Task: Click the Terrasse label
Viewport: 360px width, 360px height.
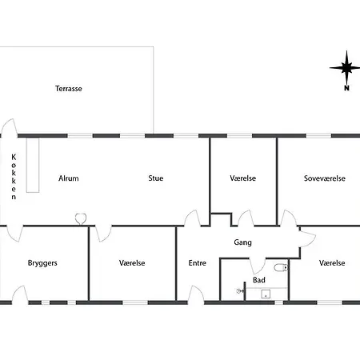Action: [x=69, y=89]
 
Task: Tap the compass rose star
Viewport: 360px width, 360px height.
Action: [x=346, y=68]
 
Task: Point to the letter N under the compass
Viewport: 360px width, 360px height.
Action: [x=346, y=88]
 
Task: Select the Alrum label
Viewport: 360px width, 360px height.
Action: [x=69, y=178]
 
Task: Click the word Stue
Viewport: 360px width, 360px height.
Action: [x=156, y=178]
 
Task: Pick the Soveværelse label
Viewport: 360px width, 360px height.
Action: [x=325, y=178]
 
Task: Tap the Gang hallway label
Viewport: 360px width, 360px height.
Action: [x=242, y=242]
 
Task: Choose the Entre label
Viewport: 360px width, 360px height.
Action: [x=198, y=263]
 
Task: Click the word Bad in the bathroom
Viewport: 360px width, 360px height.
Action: [x=259, y=280]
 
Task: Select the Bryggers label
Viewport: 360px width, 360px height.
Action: [x=42, y=263]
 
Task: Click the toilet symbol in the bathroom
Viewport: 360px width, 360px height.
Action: [x=281, y=267]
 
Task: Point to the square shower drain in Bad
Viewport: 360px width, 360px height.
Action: [x=266, y=294]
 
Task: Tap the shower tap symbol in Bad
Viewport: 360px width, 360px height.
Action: [x=240, y=291]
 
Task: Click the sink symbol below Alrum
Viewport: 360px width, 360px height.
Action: [x=81, y=219]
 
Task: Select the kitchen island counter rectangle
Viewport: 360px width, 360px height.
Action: [x=33, y=165]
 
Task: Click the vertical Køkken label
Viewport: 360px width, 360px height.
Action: [x=14, y=177]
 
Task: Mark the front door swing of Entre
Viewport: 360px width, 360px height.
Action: [x=196, y=295]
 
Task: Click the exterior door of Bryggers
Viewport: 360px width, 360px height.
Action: [x=20, y=295]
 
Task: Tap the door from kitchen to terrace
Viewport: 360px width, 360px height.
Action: [x=10, y=127]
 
